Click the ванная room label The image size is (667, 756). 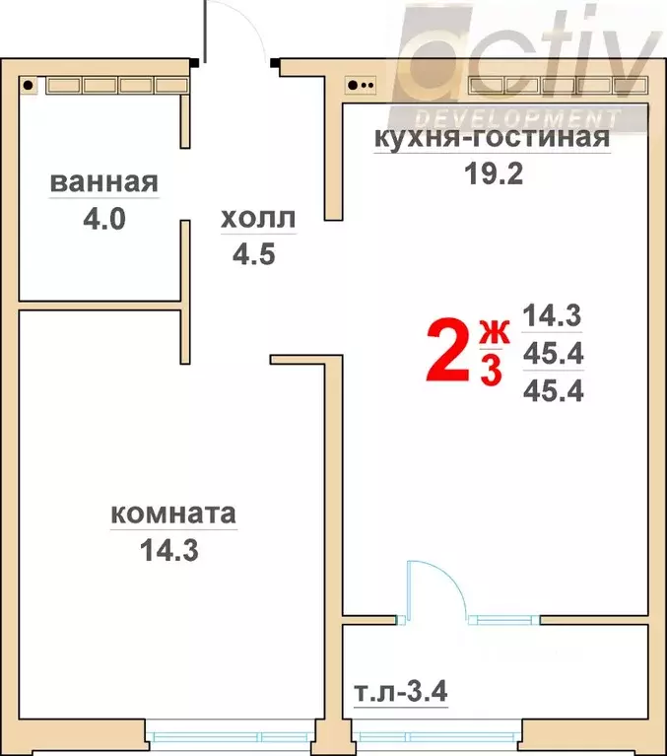(103, 182)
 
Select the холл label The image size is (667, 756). (257, 219)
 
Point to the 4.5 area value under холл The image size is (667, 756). (252, 255)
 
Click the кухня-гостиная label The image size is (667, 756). (491, 138)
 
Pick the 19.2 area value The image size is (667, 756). (491, 174)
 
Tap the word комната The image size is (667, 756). (172, 514)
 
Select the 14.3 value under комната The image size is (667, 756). (170, 550)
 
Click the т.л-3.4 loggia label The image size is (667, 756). (400, 693)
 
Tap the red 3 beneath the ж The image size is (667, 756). (490, 372)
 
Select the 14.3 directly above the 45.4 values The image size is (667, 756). (553, 317)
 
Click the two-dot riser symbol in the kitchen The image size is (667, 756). (361, 85)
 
